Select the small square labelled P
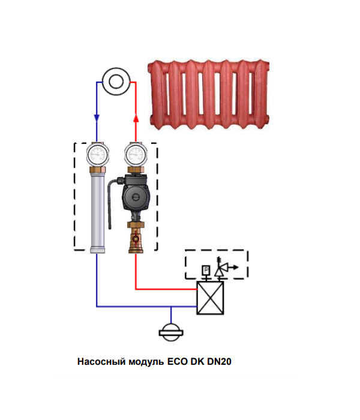click(205, 271)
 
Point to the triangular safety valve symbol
click(219, 270)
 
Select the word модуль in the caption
click(144, 362)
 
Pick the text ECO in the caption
click(177, 362)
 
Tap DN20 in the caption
click(219, 362)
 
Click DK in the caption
click(197, 362)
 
